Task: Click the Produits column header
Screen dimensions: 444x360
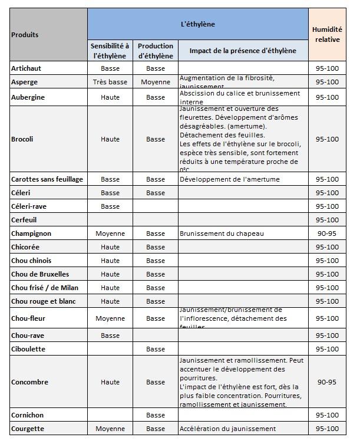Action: [x=25, y=35]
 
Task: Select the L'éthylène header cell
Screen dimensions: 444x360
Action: [x=197, y=24]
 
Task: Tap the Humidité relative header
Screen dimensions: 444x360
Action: [x=327, y=35]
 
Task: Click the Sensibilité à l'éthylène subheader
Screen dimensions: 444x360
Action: [x=110, y=51]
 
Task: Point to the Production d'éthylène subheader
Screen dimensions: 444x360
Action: [x=156, y=51]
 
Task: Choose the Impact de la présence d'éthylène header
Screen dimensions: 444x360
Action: [x=243, y=51]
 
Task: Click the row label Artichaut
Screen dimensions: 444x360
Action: [x=26, y=68]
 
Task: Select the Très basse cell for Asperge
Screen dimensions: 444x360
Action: [x=110, y=82]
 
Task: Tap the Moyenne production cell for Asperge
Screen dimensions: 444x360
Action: [x=156, y=82]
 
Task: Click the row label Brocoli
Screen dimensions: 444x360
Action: [x=22, y=139]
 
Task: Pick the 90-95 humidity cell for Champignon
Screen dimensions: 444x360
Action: [x=327, y=233]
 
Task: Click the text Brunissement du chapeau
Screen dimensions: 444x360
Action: [x=222, y=233]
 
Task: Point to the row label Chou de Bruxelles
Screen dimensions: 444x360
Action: [x=40, y=274]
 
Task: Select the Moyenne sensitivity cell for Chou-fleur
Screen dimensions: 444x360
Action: [x=110, y=318]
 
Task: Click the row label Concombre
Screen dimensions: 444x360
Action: [x=29, y=382]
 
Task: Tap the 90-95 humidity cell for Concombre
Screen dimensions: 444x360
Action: [x=327, y=382]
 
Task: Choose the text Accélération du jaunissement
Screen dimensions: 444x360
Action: [x=227, y=429]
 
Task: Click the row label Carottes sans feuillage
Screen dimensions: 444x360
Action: [x=47, y=179]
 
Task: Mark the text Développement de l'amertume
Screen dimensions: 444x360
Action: [x=229, y=179]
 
